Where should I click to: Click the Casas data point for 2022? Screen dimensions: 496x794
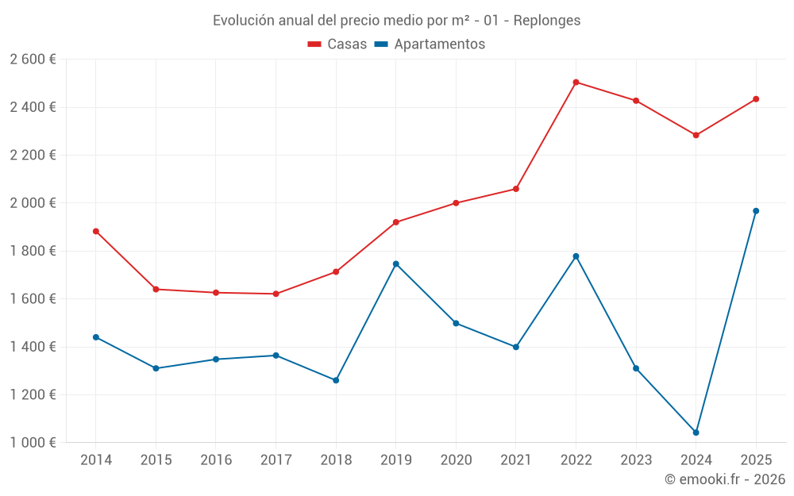tap(576, 83)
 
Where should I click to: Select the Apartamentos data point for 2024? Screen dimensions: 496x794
tap(696, 433)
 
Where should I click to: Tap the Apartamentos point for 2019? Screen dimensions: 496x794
tap(396, 263)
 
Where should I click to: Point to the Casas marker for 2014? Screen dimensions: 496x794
tap(96, 232)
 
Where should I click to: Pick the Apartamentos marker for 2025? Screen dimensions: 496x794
tap(756, 211)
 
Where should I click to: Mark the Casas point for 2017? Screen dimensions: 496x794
tap(276, 294)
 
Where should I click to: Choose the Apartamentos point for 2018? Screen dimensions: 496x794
tap(336, 380)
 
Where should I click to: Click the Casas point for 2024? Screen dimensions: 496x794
tap(696, 135)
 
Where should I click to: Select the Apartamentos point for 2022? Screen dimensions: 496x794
tap(576, 256)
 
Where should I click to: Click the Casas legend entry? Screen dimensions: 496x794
tap(337, 44)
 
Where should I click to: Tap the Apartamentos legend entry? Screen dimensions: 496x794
tap(430, 44)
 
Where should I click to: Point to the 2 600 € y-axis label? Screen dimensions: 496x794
tap(33, 60)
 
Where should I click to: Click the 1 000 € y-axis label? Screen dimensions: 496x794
tap(33, 443)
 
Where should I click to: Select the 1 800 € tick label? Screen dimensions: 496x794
tap(33, 251)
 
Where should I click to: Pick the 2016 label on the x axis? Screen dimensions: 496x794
tap(216, 460)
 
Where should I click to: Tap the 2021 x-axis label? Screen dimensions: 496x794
tap(516, 460)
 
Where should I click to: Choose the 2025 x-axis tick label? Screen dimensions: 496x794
tap(756, 460)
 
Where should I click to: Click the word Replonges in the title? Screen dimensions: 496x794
tap(547, 20)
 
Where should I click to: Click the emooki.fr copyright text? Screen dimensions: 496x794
tap(725, 479)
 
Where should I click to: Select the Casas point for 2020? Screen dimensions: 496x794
tap(456, 203)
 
